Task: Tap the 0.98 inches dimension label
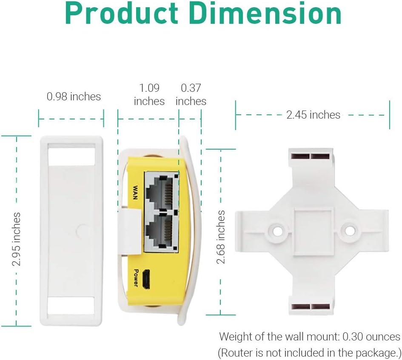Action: (x=74, y=96)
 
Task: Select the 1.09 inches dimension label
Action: (x=149, y=94)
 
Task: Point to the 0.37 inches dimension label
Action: (x=191, y=94)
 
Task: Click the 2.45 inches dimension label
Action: (x=313, y=115)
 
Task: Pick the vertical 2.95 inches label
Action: (x=17, y=239)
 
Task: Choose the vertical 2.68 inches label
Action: (x=221, y=237)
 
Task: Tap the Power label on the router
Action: (x=136, y=278)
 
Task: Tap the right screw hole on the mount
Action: (x=350, y=230)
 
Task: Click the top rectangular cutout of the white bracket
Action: (x=71, y=154)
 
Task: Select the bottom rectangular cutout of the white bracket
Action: (x=71, y=306)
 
